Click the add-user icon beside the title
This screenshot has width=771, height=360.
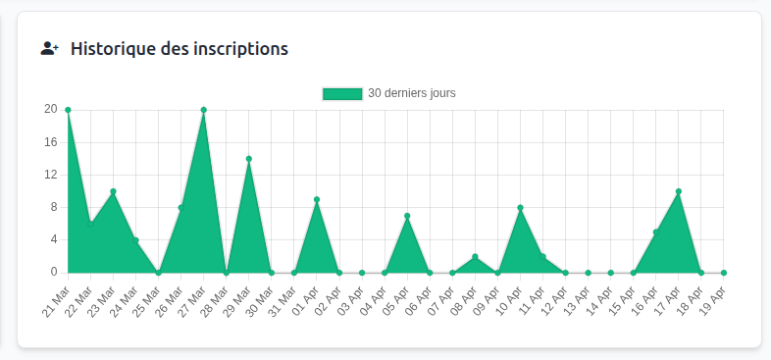(50, 48)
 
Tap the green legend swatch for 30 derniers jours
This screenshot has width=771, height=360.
(342, 93)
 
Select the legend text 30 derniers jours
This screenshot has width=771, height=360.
(411, 93)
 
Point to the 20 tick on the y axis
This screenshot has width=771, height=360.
(50, 110)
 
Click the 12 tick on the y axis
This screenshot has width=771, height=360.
(50, 175)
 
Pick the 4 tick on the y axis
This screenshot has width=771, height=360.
(53, 239)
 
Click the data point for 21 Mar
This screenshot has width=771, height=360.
(68, 110)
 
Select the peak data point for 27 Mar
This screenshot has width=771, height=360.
(203, 110)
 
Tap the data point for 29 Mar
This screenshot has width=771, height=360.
(249, 159)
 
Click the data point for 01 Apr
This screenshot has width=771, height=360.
(317, 199)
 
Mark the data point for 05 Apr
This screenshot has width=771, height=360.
(407, 216)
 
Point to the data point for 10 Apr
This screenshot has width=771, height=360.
(520, 208)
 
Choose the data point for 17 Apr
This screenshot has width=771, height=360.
(679, 191)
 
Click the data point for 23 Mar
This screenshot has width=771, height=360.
(113, 191)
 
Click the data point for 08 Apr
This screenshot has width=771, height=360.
(475, 257)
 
